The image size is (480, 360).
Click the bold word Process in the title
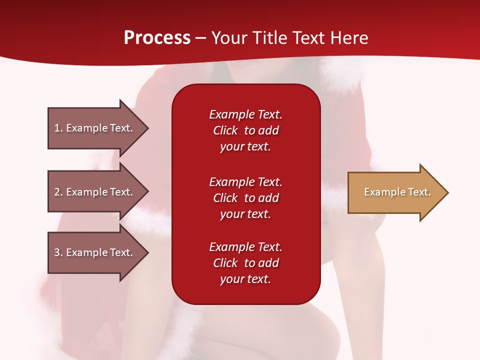[x=157, y=38]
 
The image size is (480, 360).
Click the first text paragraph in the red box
[x=245, y=130]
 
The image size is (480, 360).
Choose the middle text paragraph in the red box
[x=245, y=198]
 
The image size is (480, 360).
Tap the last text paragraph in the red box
[x=245, y=263]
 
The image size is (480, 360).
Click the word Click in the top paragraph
[x=225, y=130]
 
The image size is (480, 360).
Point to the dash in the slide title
[x=200, y=38]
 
